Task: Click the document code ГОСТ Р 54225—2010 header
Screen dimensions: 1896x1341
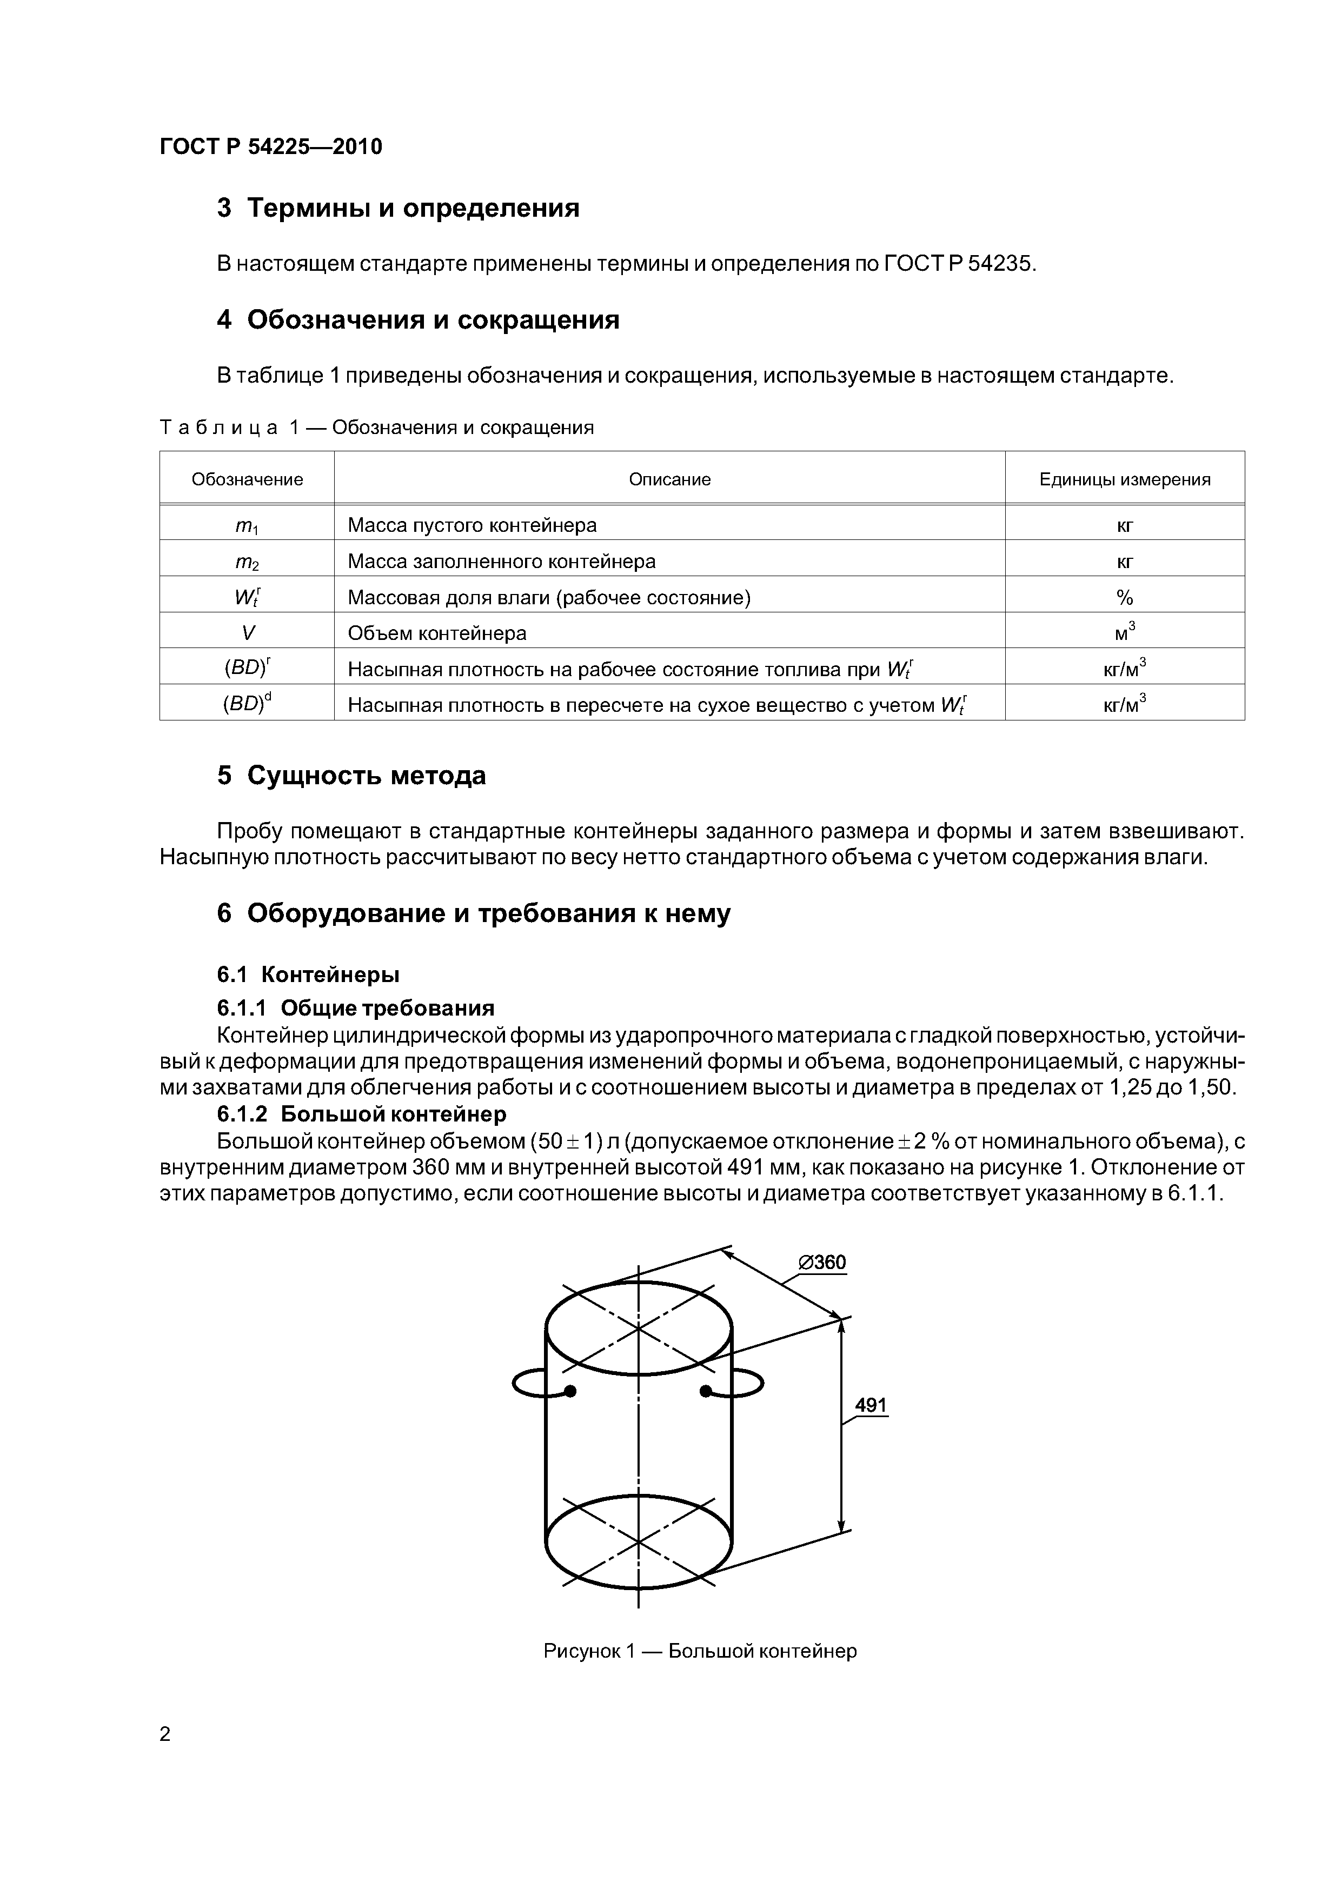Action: [x=271, y=147]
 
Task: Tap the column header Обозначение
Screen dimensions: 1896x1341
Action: [x=247, y=480]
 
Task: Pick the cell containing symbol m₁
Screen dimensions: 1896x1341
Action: [x=247, y=525]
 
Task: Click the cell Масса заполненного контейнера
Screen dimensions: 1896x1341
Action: [x=502, y=562]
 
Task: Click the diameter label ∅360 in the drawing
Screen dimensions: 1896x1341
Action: [x=822, y=1263]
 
